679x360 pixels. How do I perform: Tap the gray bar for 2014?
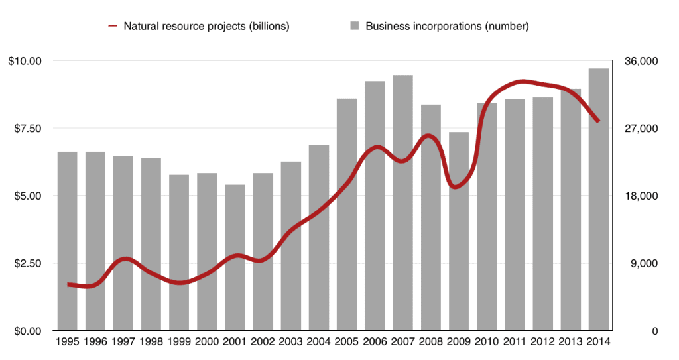tap(598, 199)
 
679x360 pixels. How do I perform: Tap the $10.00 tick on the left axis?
tap(25, 61)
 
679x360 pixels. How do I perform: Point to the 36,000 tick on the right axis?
tap(641, 61)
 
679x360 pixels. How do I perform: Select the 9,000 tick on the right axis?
tap(643, 263)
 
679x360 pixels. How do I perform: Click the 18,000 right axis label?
tap(641, 196)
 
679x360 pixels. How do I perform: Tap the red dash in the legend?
tap(113, 27)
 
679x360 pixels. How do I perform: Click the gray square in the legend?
tap(355, 27)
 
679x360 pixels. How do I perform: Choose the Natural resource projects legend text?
tap(206, 27)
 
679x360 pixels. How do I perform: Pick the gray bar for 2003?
tap(290, 246)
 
